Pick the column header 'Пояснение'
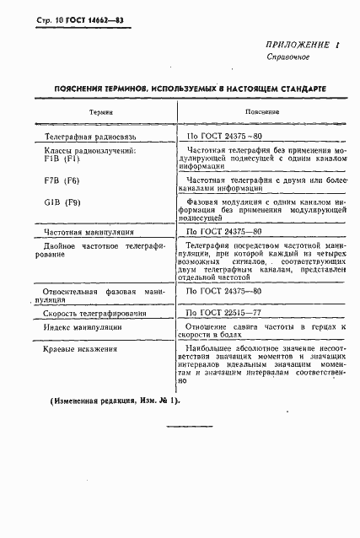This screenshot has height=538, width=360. [x=256, y=111]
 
